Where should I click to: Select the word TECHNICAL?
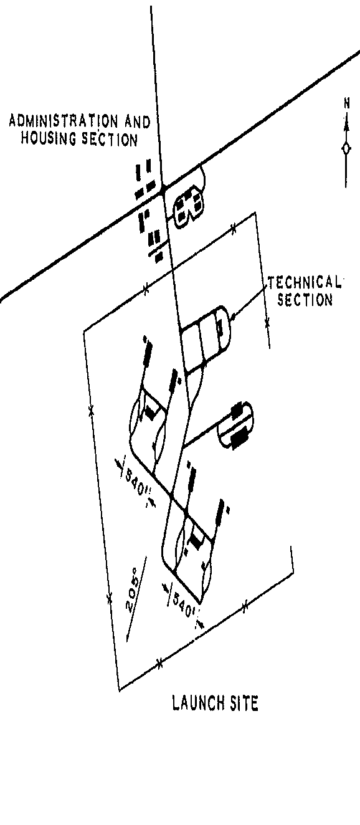304,283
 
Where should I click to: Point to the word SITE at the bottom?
244,703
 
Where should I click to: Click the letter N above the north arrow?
346,103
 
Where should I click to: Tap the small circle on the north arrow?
346,148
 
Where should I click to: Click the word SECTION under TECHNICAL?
305,300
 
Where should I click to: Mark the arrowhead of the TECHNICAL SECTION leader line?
233,317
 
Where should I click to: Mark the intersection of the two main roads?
163,191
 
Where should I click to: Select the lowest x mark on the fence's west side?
109,598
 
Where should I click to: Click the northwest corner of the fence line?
84,330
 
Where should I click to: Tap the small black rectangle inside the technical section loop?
220,327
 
